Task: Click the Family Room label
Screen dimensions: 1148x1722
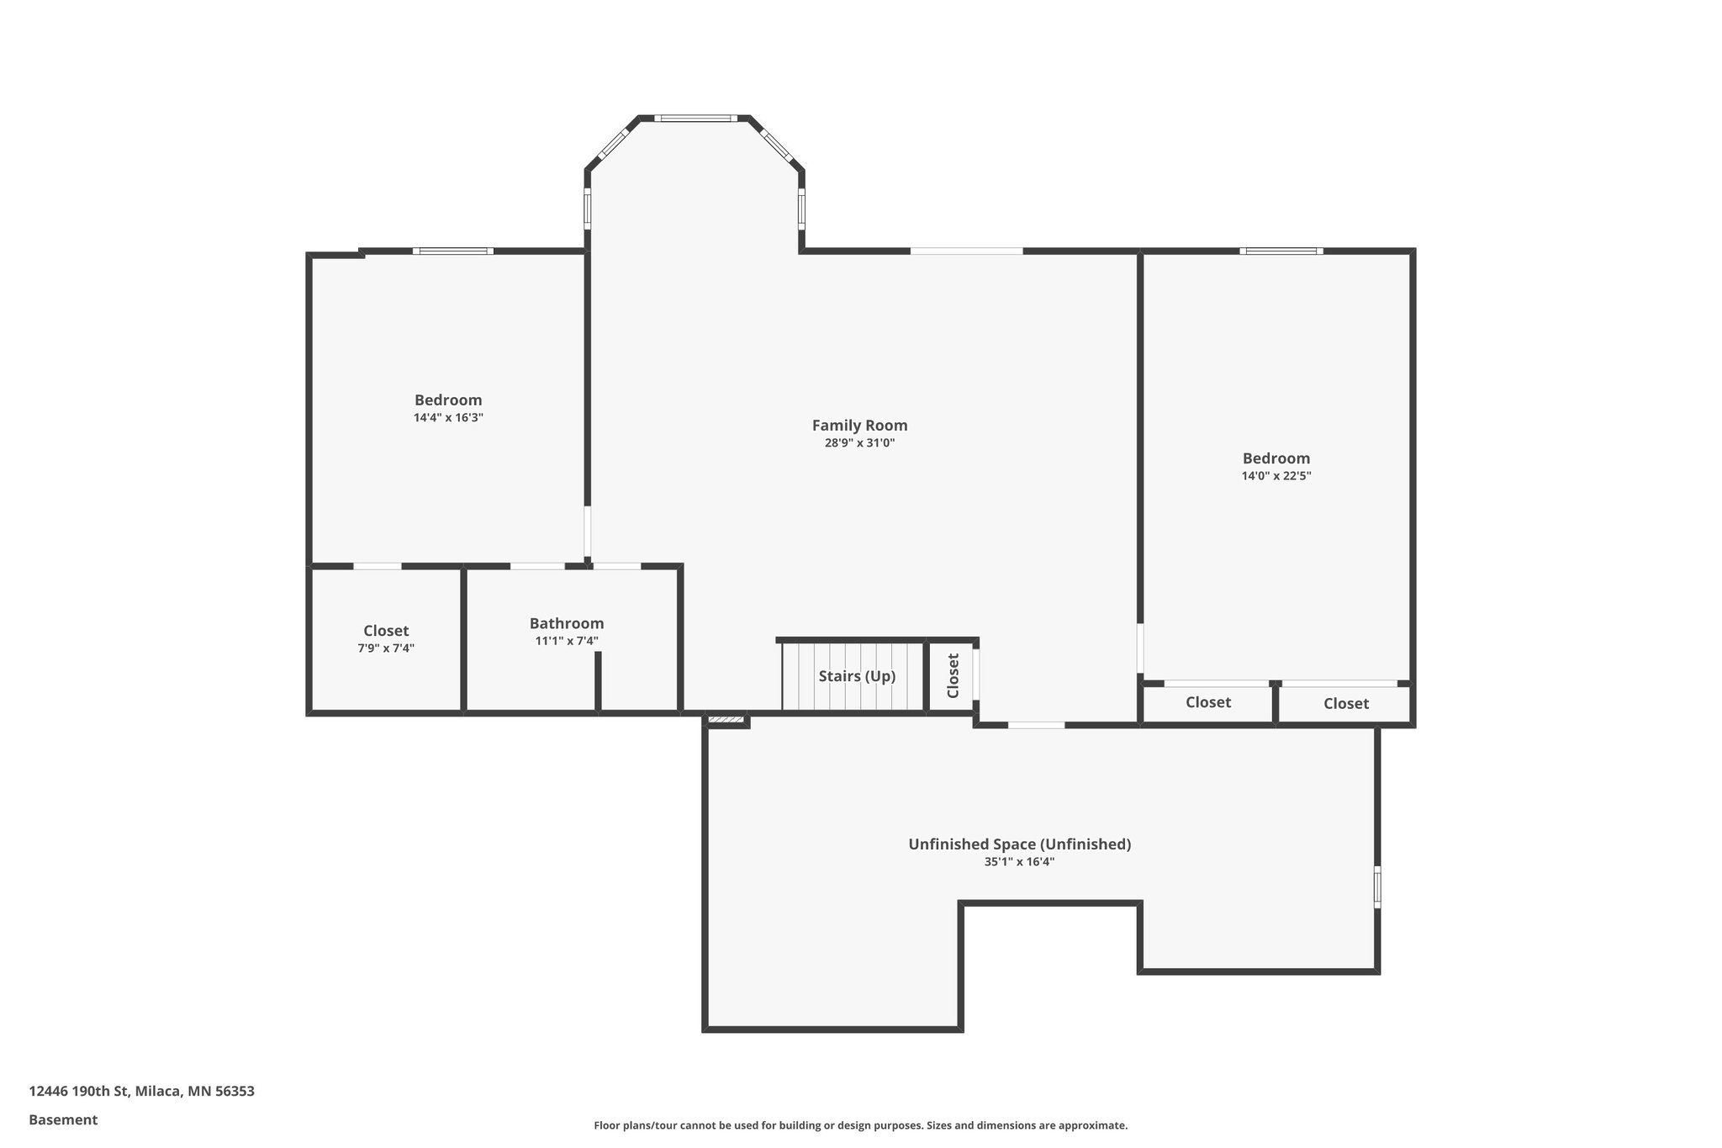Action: [859, 426]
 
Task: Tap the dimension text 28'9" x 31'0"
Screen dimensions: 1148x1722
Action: [859, 443]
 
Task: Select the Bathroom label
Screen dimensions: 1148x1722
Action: [567, 623]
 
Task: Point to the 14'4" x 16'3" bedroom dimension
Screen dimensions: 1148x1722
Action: [448, 417]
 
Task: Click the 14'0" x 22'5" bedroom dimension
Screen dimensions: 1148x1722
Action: [1276, 476]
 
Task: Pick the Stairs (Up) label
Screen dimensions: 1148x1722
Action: [857, 676]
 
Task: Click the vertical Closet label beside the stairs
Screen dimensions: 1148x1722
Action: [953, 676]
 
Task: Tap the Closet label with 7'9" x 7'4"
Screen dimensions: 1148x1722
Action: [386, 631]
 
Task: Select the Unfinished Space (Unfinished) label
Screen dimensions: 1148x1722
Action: [1019, 844]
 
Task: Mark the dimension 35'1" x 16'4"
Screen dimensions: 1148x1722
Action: [1019, 862]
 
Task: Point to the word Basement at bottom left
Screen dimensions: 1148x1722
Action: [63, 1120]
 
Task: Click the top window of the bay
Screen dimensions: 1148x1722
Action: [695, 119]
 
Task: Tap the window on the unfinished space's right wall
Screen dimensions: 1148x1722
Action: [1377, 886]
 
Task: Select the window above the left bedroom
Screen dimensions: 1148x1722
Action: [452, 251]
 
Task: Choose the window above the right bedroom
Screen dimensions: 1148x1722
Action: [1281, 251]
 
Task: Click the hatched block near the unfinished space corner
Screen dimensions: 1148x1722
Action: [726, 720]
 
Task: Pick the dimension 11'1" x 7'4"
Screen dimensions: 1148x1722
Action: [567, 641]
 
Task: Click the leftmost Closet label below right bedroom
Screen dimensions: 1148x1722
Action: [1208, 702]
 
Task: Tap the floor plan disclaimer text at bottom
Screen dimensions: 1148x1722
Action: [860, 1125]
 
